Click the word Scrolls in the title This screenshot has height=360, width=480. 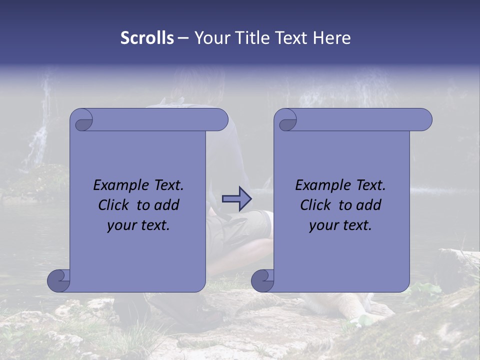tap(147, 38)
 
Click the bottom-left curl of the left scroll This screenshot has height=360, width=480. tap(59, 280)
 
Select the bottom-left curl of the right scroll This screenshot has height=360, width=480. tap(263, 280)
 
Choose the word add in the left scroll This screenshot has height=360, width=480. tap(167, 205)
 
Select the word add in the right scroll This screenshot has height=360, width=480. tap(369, 205)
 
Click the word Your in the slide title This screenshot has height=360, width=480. tap(210, 38)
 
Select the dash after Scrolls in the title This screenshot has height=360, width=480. tap(183, 38)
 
